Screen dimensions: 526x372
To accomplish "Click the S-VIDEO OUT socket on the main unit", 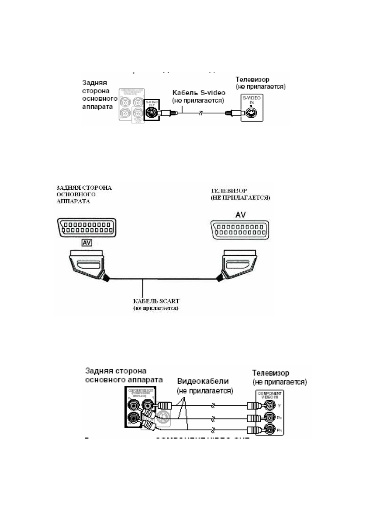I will pyautogui.click(x=151, y=112).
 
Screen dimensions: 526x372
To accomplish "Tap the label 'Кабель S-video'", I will pyautogui.click(x=199, y=93).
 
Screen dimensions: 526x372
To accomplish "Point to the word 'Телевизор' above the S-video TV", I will pyautogui.click(x=252, y=79).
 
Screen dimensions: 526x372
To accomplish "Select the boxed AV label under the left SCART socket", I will pyautogui.click(x=87, y=242).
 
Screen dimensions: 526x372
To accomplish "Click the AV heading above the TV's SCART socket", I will pyautogui.click(x=240, y=215).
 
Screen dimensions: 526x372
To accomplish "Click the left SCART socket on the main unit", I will pyautogui.click(x=87, y=228).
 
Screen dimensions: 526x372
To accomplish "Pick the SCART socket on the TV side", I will pyautogui.click(x=240, y=230).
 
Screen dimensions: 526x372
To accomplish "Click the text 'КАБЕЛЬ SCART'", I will pyautogui.click(x=156, y=301).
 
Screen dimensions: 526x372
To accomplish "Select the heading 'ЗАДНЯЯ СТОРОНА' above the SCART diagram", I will pyautogui.click(x=84, y=188).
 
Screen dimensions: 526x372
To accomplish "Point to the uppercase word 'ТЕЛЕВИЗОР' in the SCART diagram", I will pyautogui.click(x=229, y=191).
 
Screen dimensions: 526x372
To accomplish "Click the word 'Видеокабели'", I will pyautogui.click(x=203, y=381).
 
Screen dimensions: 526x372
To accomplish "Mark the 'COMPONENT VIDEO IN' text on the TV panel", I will pyautogui.click(x=269, y=395).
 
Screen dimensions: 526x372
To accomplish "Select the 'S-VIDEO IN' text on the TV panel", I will pyautogui.click(x=252, y=100).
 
